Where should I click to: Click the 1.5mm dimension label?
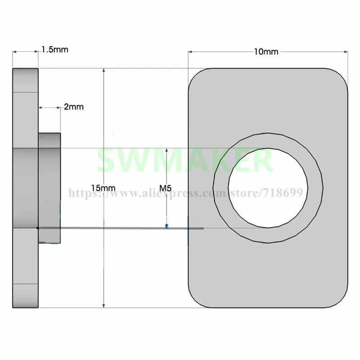pyautogui.click(x=55, y=49)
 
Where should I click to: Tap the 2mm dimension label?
pyautogui.click(x=74, y=107)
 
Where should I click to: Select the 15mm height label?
pyautogui.click(x=103, y=188)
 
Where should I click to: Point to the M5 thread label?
pyautogui.click(x=165, y=188)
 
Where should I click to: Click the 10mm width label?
pyautogui.click(x=266, y=52)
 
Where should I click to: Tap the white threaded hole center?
pyautogui.click(x=268, y=188)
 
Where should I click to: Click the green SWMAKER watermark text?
pyautogui.click(x=185, y=160)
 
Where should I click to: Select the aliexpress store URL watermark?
pyautogui.click(x=185, y=193)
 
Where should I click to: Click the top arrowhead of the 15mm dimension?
pyautogui.click(x=104, y=71)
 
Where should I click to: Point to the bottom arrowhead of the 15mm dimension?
pyautogui.click(x=104, y=306)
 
